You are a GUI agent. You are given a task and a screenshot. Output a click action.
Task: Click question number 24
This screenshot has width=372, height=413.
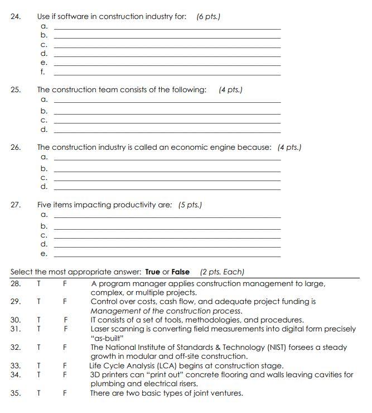click(16, 17)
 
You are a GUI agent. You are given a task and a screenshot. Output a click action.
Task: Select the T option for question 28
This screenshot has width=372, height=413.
click(39, 284)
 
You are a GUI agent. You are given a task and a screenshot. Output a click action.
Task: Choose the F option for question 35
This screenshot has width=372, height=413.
click(65, 393)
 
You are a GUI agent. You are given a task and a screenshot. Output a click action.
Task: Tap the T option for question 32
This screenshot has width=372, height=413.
click(39, 347)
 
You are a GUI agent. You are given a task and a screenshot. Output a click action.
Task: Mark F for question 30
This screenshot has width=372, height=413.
click(65, 320)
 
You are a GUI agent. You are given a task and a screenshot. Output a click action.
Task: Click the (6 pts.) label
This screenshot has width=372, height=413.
click(209, 17)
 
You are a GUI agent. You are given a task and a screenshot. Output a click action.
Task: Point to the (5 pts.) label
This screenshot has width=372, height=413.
click(190, 205)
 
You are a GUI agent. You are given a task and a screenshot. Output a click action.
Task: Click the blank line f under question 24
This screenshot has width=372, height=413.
click(167, 73)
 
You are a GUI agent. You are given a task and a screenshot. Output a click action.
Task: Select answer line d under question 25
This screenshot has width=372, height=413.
click(167, 130)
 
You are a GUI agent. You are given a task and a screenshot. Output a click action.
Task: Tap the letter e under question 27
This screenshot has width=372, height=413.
click(44, 254)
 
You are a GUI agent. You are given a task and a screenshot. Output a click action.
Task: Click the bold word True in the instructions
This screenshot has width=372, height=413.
click(152, 272)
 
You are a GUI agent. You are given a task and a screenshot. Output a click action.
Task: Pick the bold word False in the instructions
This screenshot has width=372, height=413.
click(181, 272)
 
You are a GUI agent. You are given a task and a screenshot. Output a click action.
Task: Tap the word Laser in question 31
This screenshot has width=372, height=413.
click(100, 329)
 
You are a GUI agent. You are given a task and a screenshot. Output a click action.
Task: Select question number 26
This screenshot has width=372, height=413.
click(16, 148)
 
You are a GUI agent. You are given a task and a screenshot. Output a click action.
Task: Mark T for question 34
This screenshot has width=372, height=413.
click(39, 374)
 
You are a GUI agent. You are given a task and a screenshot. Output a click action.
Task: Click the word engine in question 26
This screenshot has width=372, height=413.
click(207, 148)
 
